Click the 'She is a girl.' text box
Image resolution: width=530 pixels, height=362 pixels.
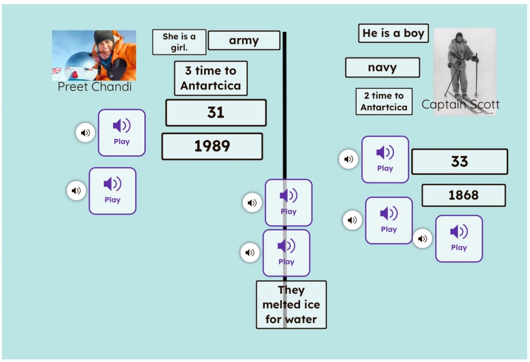[179, 42]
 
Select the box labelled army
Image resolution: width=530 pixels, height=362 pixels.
[244, 40]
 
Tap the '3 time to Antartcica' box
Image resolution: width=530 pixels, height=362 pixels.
[211, 78]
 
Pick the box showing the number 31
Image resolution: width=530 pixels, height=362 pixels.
[216, 113]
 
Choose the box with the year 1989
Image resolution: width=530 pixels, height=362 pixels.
[212, 146]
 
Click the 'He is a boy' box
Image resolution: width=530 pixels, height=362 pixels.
[394, 33]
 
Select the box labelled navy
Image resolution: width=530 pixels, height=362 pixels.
[383, 68]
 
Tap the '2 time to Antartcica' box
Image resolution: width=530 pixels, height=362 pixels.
[384, 101]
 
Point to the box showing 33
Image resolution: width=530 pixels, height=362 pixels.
[460, 162]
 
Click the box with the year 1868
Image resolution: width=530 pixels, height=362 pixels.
[464, 195]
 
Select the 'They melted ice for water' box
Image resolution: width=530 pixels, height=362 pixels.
[291, 304]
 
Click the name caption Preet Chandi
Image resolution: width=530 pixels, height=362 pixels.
[95, 86]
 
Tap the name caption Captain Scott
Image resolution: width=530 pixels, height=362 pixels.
[460, 104]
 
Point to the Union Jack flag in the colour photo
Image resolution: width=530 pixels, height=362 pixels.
[57, 71]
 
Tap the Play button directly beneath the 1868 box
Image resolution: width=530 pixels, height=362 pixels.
[459, 239]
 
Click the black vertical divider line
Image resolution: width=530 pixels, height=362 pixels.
[285, 180]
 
